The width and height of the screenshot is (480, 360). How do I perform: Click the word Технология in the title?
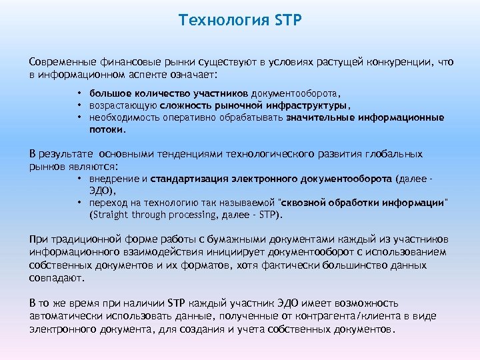coord(223,20)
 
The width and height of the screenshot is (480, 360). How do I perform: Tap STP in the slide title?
coord(287,20)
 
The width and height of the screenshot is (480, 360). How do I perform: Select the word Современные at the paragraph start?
coord(62,62)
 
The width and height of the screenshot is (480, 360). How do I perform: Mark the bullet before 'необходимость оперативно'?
coord(79,117)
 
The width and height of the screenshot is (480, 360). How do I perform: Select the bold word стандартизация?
coord(190,179)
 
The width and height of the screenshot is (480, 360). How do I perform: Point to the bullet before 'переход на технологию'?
coord(79,203)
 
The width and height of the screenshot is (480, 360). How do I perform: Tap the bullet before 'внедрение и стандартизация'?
coord(79,179)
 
